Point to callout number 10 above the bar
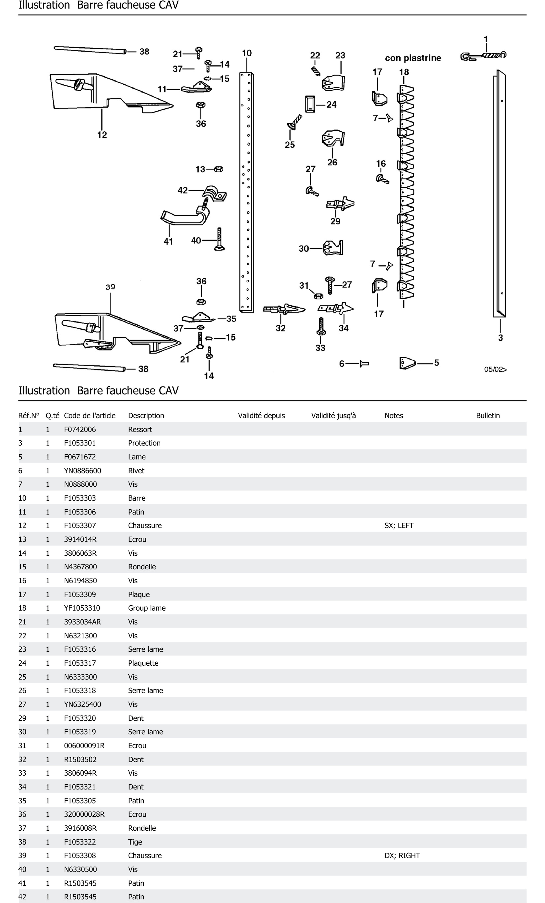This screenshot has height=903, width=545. coord(247,53)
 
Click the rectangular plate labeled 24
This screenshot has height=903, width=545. coord(310,104)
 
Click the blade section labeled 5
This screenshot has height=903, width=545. coord(407,363)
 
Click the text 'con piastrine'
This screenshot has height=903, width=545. coord(413,58)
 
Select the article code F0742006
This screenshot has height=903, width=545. coord(80,429)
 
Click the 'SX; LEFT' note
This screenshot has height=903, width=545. coord(399,525)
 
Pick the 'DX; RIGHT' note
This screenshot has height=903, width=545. coord(402,855)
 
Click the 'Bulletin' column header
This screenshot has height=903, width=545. coord(487,415)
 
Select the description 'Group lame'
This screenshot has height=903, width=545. coord(147,608)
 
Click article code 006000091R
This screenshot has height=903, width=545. coord(84,745)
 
